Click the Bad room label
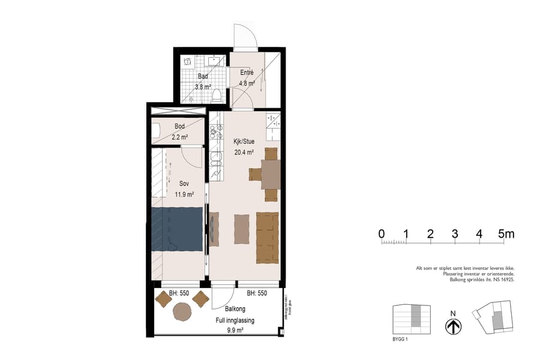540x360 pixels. click(203, 76)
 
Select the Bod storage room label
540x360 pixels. click(179, 127)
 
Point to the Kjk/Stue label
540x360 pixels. click(244, 142)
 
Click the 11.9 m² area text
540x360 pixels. click(184, 194)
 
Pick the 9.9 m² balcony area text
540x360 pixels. click(235, 330)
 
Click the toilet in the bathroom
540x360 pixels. click(217, 95)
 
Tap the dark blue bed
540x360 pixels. click(176, 229)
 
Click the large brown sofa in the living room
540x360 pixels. click(268, 238)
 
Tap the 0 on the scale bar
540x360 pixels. click(382, 234)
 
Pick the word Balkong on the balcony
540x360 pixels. click(235, 310)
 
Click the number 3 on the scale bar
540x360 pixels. click(455, 234)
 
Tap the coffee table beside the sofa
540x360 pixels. click(241, 229)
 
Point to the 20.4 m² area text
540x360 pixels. click(244, 152)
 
